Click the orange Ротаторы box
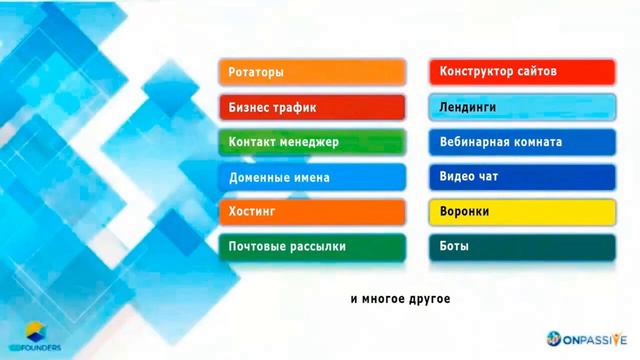tap(311, 72)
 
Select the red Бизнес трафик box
tap(311, 107)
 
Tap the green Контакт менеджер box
tap(311, 142)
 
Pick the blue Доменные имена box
tap(311, 177)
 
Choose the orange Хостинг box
tap(311, 212)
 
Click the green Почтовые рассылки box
tap(311, 247)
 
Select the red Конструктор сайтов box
tap(521, 72)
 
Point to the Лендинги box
tap(521, 107)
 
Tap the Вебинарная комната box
tap(521, 142)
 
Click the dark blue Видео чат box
tap(521, 177)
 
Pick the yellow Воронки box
tap(521, 212)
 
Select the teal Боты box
tap(521, 247)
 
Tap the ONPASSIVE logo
tap(591, 339)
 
